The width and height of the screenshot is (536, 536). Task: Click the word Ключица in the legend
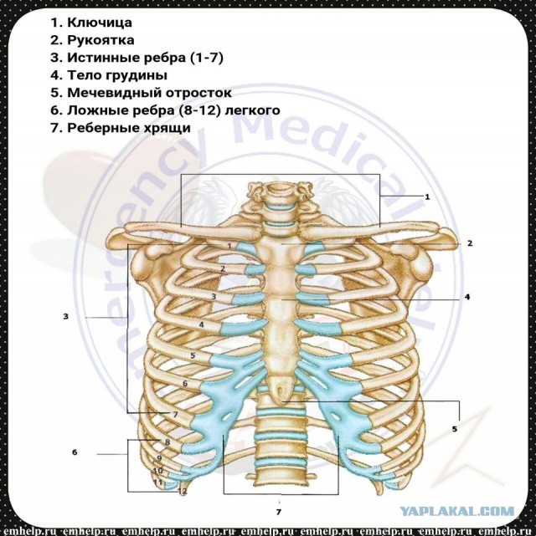[x=100, y=23]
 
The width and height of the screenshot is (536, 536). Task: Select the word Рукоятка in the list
[x=100, y=40]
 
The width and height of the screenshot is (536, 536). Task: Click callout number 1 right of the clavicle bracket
[x=427, y=197]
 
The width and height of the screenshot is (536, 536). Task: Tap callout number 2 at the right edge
[x=470, y=243]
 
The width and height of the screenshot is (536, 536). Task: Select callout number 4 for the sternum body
[x=467, y=297]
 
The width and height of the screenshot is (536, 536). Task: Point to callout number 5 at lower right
[x=455, y=429]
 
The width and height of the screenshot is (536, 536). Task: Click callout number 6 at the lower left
[x=75, y=452]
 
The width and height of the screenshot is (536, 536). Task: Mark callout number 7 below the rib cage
[x=279, y=512]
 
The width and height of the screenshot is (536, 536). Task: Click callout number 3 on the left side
[x=66, y=317]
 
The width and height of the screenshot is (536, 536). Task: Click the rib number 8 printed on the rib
[x=167, y=442]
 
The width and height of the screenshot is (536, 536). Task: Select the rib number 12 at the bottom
[x=183, y=491]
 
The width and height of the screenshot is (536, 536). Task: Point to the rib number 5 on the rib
[x=193, y=355]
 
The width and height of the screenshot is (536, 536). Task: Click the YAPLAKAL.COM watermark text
[x=457, y=512]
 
